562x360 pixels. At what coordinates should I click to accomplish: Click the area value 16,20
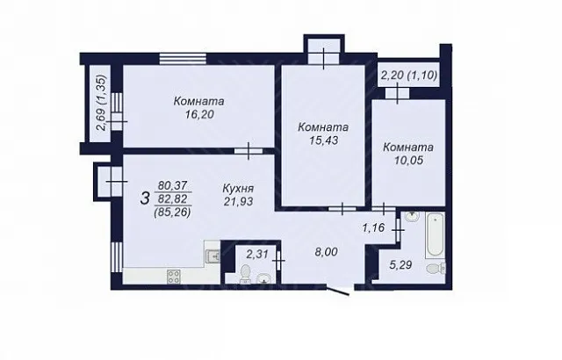pyautogui.click(x=199, y=115)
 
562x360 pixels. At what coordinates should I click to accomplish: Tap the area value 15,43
pyautogui.click(x=324, y=140)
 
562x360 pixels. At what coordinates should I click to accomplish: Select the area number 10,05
pyautogui.click(x=408, y=161)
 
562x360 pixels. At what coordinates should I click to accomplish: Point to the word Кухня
pyautogui.click(x=238, y=189)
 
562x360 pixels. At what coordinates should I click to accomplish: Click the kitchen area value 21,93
pyautogui.click(x=238, y=202)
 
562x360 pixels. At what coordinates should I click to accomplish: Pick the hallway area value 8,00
pyautogui.click(x=326, y=252)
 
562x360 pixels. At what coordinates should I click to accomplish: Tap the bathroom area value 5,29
pyautogui.click(x=401, y=265)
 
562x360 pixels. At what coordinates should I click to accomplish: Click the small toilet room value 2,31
pyautogui.click(x=257, y=254)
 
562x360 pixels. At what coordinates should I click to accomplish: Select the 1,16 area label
pyautogui.click(x=373, y=227)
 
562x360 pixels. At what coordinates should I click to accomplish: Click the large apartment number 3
pyautogui.click(x=145, y=198)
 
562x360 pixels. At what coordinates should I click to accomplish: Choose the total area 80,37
pyautogui.click(x=173, y=185)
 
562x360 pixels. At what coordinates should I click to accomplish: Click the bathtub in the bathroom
pyautogui.click(x=436, y=234)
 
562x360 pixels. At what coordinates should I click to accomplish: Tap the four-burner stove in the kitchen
pyautogui.click(x=174, y=277)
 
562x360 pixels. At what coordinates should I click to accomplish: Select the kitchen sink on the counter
pyautogui.click(x=213, y=256)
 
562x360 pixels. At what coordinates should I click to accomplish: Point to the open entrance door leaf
pyautogui.click(x=337, y=290)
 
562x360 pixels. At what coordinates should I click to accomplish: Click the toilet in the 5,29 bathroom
pyautogui.click(x=436, y=268)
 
